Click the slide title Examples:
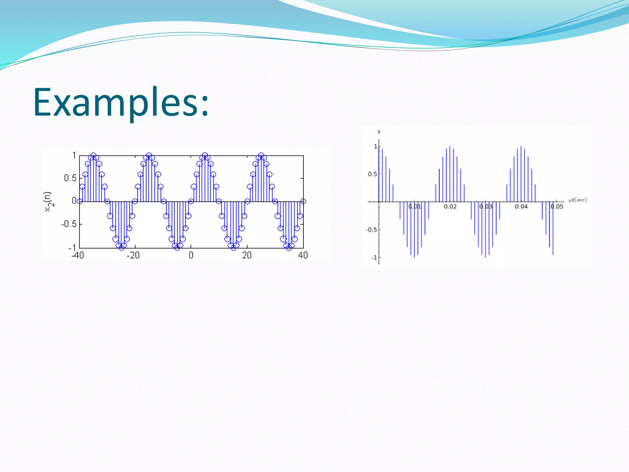coord(121,102)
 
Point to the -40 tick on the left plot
coord(78,255)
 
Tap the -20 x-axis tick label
coord(133,255)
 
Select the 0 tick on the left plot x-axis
coord(191,255)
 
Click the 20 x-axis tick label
coord(247,255)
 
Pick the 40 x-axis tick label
coord(303,255)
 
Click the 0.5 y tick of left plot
coord(70,178)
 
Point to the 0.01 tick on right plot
coord(415,206)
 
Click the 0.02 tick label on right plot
coord(450,206)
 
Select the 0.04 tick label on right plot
coord(521,206)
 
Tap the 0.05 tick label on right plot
coord(557,206)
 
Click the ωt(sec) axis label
coord(577,200)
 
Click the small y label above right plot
coord(379,132)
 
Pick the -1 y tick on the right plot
coord(374,258)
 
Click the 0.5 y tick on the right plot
coord(372,174)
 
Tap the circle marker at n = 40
coord(303,201)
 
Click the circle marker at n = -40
coord(80,201)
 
